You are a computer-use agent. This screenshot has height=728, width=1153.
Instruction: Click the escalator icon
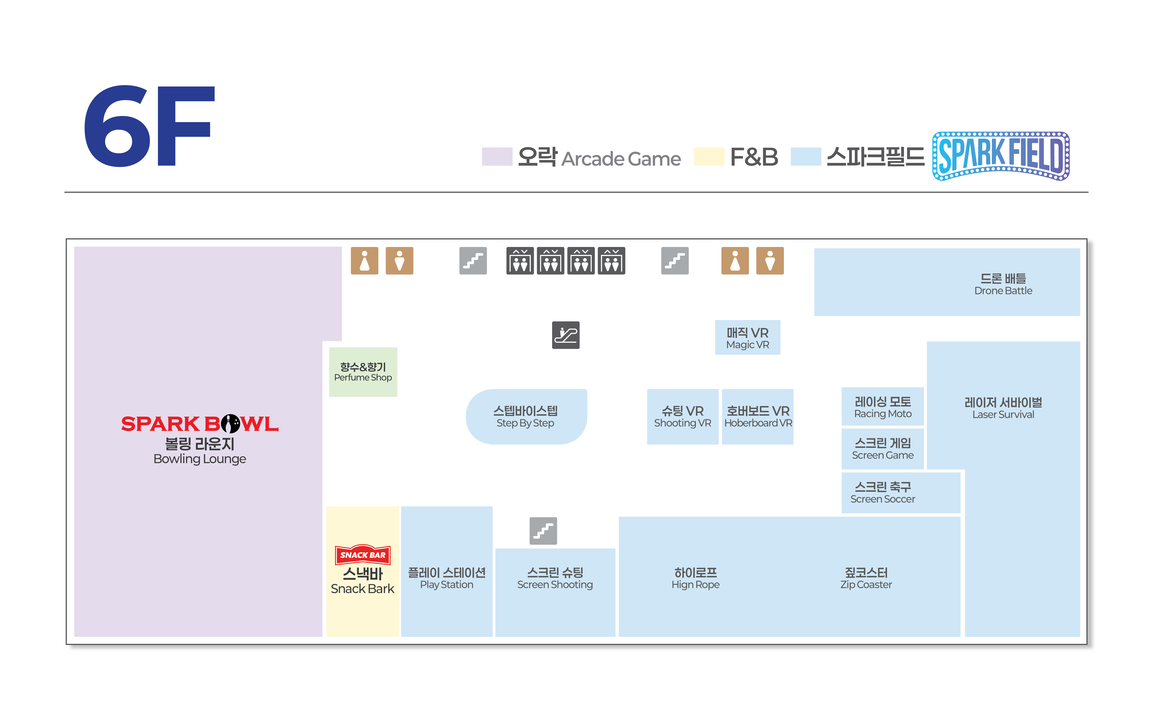point(565,335)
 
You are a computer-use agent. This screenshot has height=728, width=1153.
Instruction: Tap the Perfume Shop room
point(363,372)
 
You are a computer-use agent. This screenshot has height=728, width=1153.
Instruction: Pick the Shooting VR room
point(682,416)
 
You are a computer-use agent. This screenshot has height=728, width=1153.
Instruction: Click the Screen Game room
point(882,449)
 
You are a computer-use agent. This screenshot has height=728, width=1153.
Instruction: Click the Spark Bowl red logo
point(200,424)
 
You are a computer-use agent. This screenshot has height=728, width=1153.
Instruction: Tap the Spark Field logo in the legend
point(1001,156)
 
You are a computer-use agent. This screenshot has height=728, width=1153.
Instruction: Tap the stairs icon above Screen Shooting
point(543,531)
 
